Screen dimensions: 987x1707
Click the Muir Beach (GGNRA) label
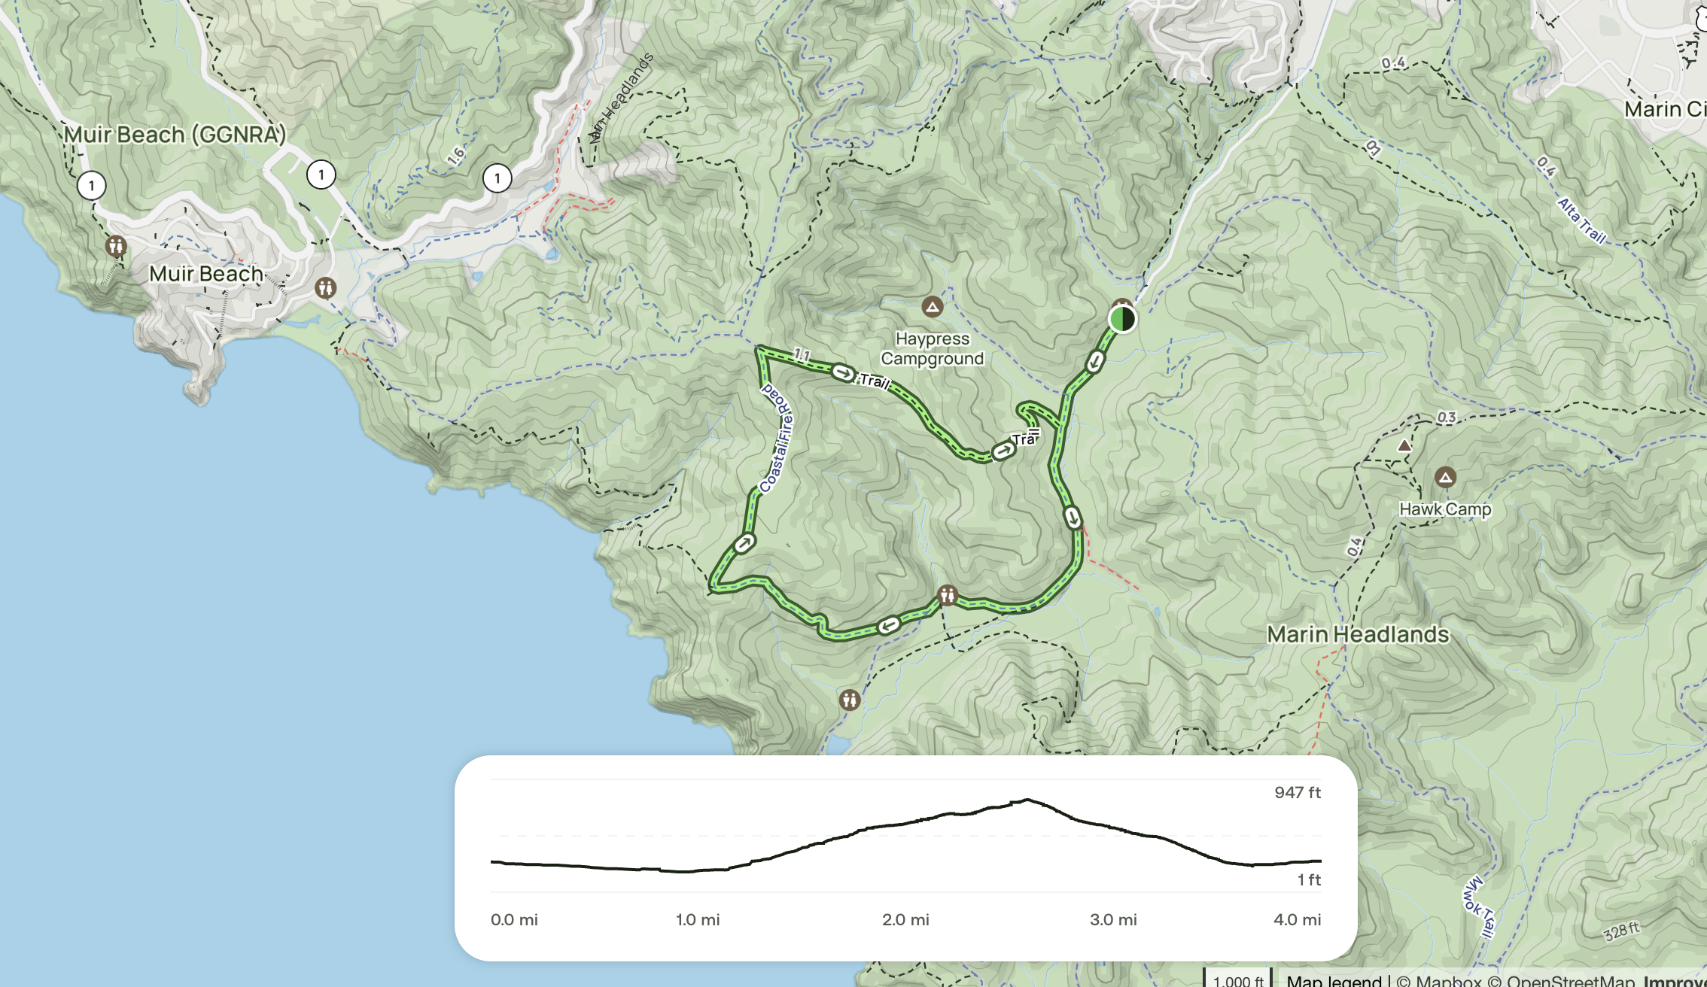[175, 135]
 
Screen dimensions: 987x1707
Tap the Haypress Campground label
[932, 349]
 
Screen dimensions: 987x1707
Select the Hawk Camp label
[1444, 509]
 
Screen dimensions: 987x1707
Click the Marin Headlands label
[1358, 634]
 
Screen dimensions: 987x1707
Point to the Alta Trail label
[1581, 220]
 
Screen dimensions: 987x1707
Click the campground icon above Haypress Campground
[932, 306]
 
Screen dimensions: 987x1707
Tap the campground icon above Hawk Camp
[1444, 477]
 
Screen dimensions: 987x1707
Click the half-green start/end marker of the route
[1121, 318]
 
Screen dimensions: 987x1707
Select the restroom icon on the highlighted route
[947, 596]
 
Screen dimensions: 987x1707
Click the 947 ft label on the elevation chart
[1298, 792]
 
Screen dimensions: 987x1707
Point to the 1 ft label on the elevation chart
[1308, 879]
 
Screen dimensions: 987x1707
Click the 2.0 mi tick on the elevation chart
[905, 919]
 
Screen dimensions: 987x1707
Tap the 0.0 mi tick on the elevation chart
[514, 919]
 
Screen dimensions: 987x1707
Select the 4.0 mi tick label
[1297, 919]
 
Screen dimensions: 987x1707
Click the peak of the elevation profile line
[1027, 800]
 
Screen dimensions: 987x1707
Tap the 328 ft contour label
[1621, 931]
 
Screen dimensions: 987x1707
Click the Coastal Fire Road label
[777, 438]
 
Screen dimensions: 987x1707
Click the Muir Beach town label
[206, 274]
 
